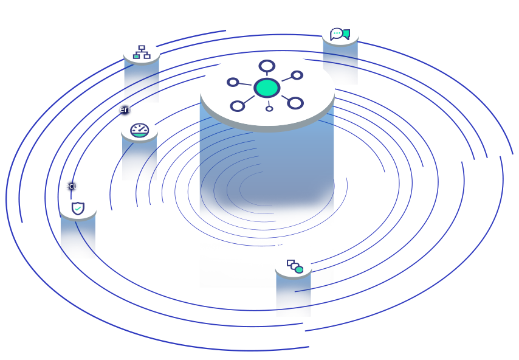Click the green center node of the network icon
click(267, 88)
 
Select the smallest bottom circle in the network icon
click(269, 109)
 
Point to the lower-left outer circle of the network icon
click(238, 106)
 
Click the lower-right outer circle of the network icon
click(295, 103)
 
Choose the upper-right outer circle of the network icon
click(297, 75)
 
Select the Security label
click(75, 186)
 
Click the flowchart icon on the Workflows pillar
click(142, 52)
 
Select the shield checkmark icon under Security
click(78, 209)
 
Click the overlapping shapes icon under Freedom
click(295, 266)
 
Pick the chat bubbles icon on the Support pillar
click(340, 34)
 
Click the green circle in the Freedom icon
click(299, 269)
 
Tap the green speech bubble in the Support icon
click(346, 34)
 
